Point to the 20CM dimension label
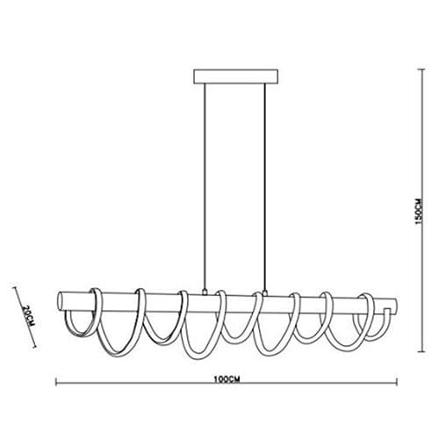pos(27,313)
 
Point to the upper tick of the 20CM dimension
pos(17,287)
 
